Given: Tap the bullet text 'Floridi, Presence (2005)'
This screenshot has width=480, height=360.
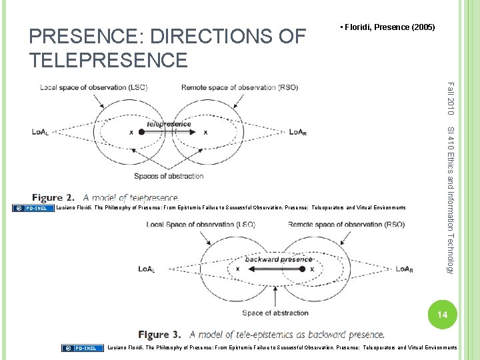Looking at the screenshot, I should [x=389, y=27].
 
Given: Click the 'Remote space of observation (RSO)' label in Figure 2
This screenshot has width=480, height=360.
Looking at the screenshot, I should [x=231, y=87].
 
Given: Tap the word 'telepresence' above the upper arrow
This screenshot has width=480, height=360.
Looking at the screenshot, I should [x=169, y=123].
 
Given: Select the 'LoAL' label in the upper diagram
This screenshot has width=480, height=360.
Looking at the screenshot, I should [x=40, y=132].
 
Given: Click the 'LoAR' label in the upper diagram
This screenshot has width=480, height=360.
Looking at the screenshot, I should [x=298, y=132].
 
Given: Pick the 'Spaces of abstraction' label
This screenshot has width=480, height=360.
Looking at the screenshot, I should [x=169, y=176].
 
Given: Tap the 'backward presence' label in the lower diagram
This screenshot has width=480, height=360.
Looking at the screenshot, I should [x=278, y=259].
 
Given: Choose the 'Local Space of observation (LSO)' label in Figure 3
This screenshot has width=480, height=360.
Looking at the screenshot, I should [x=200, y=225].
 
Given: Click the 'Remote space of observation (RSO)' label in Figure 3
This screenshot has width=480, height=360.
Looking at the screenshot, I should [x=346, y=225].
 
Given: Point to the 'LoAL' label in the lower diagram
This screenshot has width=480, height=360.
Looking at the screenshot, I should [x=147, y=269].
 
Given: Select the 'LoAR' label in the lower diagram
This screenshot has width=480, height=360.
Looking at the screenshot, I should [x=404, y=269].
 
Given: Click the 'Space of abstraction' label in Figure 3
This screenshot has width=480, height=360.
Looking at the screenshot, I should [x=275, y=313].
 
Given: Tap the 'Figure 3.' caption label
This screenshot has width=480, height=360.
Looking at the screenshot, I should [x=161, y=334].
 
